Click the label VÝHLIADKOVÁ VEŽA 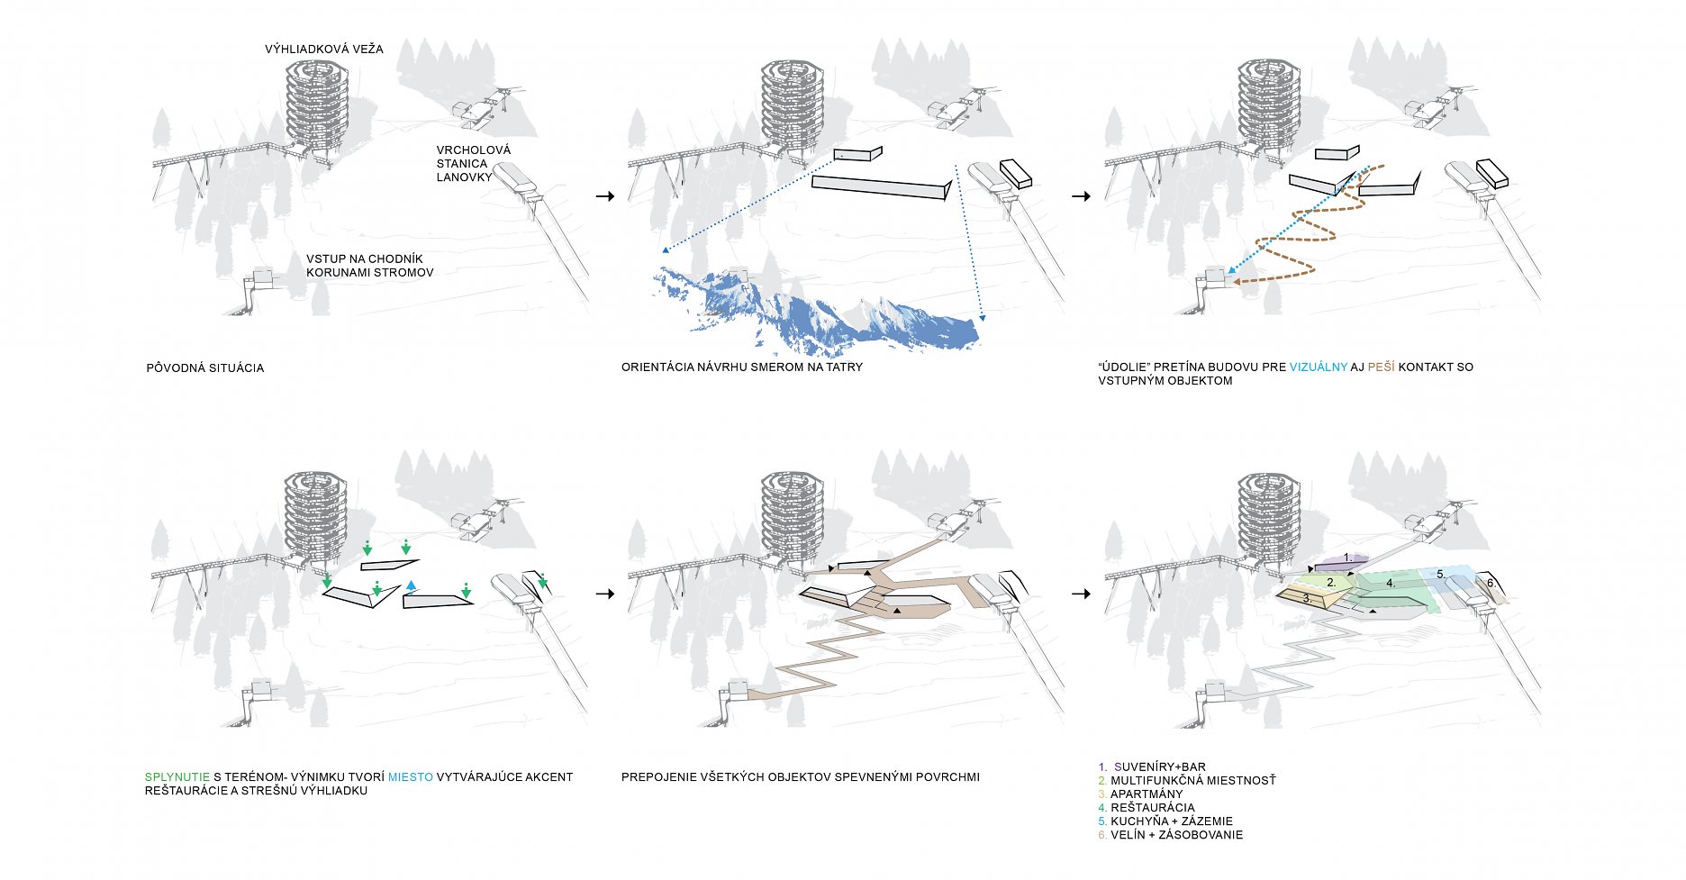[x=323, y=49]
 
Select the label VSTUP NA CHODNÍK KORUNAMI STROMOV [x=369, y=266]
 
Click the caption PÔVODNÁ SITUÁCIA [x=204, y=367]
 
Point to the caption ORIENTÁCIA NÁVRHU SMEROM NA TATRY [x=741, y=367]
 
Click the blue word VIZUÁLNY [x=1319, y=367]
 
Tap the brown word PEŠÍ [x=1381, y=367]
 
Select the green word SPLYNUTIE [x=177, y=776]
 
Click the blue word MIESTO [x=410, y=776]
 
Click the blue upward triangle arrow [x=411, y=586]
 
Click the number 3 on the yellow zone [x=1305, y=598]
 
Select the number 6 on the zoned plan [x=1490, y=583]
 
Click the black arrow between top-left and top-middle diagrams [x=605, y=195]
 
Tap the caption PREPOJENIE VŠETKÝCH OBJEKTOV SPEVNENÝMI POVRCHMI [x=800, y=776]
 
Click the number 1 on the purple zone [x=1346, y=558]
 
